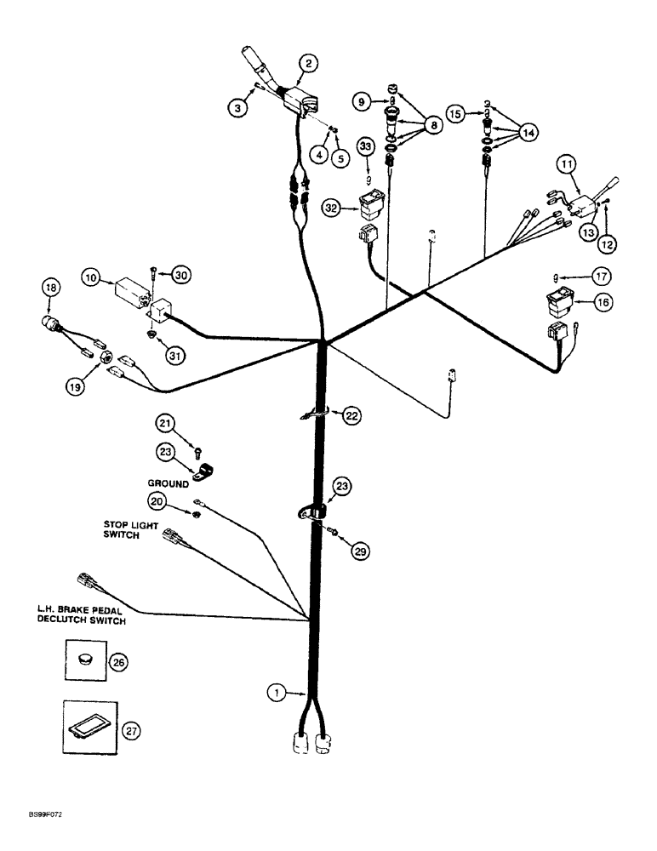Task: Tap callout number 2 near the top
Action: point(308,62)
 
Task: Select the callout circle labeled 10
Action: point(90,278)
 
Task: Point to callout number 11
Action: point(567,163)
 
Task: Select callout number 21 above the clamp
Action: point(165,423)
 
